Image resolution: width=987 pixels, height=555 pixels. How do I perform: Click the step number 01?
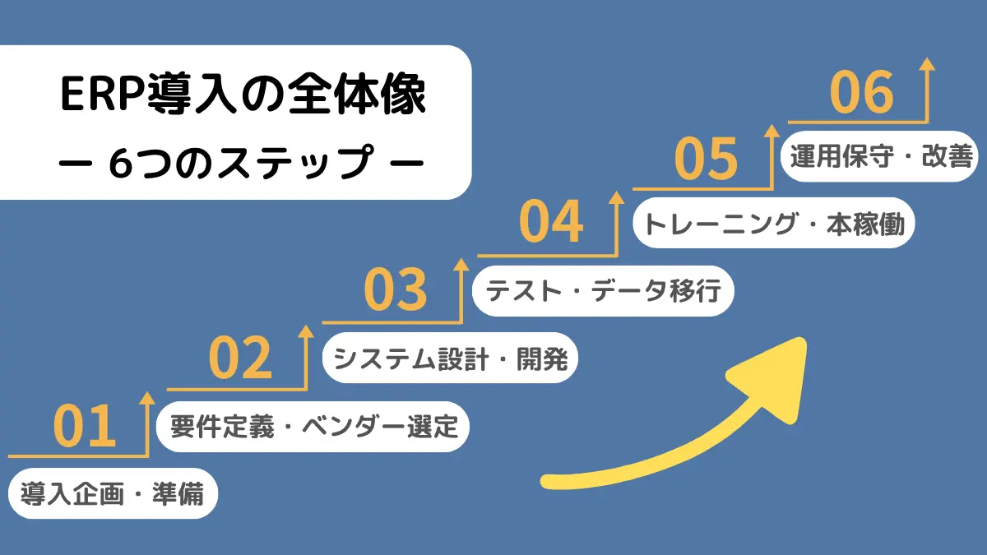86,426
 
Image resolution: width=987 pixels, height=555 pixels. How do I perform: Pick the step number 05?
707,159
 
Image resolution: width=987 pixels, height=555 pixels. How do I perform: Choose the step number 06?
861,92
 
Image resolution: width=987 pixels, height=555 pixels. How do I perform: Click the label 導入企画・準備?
113,494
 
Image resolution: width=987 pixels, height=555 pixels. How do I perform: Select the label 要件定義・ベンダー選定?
313,427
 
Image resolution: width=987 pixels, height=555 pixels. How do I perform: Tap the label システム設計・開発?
450,358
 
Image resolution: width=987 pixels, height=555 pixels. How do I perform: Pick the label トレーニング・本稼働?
774,224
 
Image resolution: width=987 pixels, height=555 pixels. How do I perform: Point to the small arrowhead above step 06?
927,65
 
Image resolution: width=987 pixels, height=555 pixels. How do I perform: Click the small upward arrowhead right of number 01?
147,398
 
